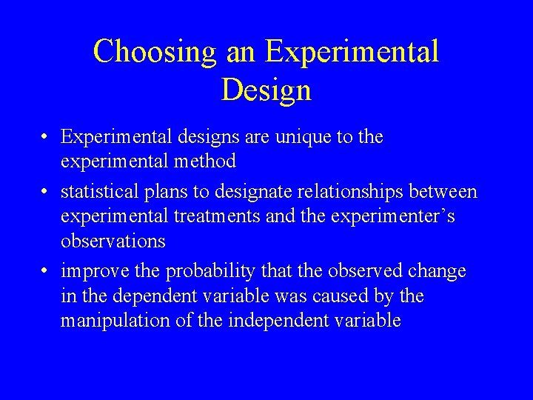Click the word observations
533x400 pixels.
pyautogui.click(x=113, y=241)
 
